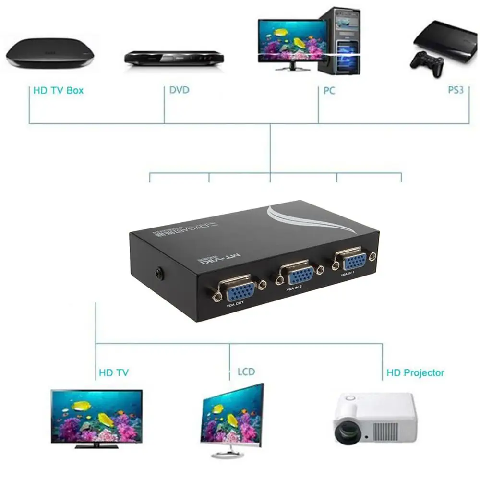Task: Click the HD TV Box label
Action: (x=58, y=90)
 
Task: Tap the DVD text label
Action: (x=179, y=90)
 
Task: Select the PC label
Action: (x=329, y=90)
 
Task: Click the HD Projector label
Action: (x=415, y=372)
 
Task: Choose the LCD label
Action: (x=246, y=372)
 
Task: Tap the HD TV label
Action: (x=113, y=372)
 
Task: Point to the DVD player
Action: (x=174, y=57)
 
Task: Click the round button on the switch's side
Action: (x=158, y=273)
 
